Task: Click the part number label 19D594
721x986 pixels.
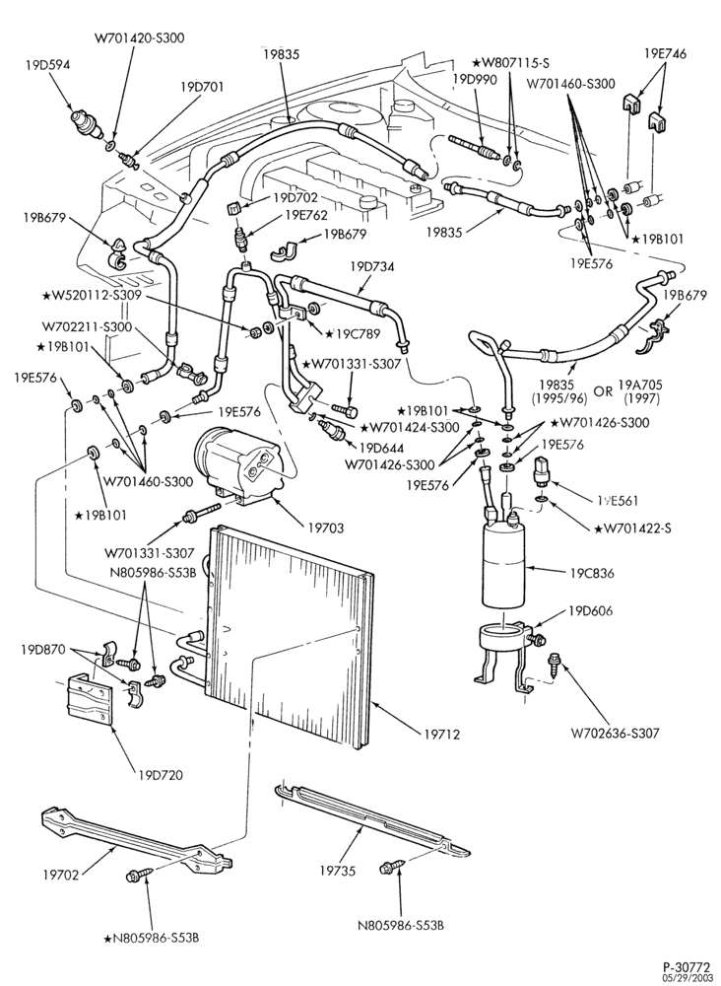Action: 47,64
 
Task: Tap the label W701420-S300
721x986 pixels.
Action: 140,37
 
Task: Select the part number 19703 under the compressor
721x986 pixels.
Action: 325,528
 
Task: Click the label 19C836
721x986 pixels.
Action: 592,574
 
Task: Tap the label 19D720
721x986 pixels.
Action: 161,775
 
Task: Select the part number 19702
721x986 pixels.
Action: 61,875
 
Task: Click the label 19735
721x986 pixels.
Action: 337,871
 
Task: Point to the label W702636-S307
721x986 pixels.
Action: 616,734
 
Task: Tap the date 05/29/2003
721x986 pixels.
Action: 689,977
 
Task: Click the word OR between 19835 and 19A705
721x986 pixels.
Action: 603,391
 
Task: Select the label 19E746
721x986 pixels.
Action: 665,54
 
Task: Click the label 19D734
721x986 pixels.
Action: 372,266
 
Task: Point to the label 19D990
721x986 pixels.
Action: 475,79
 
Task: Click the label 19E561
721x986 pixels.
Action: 618,501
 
